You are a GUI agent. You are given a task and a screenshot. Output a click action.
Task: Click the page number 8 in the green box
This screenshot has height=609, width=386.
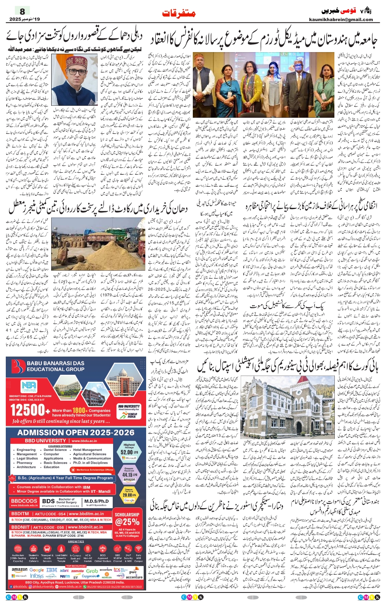click(22, 11)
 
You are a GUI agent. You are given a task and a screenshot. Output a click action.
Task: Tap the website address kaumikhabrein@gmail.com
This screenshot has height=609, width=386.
click(341, 19)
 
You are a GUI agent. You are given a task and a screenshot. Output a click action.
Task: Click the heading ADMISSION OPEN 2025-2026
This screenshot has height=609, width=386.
click(76, 433)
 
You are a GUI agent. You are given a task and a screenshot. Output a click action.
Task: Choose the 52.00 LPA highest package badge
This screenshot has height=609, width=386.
click(129, 452)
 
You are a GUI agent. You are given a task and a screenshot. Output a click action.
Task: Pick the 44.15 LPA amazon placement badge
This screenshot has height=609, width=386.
click(129, 475)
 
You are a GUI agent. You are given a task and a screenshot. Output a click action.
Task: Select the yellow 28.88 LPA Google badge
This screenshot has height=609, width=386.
click(129, 495)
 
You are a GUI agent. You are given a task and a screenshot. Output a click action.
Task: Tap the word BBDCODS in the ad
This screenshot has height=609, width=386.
click(24, 501)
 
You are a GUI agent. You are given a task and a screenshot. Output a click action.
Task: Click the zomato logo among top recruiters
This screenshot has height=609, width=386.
click(77, 571)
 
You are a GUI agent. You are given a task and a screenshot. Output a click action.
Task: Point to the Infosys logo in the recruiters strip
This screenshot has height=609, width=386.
click(37, 576)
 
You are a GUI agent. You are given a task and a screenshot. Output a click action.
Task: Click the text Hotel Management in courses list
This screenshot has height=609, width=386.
click(87, 450)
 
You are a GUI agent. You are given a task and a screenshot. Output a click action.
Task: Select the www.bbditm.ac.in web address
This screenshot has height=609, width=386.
click(88, 514)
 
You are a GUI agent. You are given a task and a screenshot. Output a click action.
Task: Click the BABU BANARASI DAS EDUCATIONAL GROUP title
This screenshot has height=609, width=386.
click(56, 366)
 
